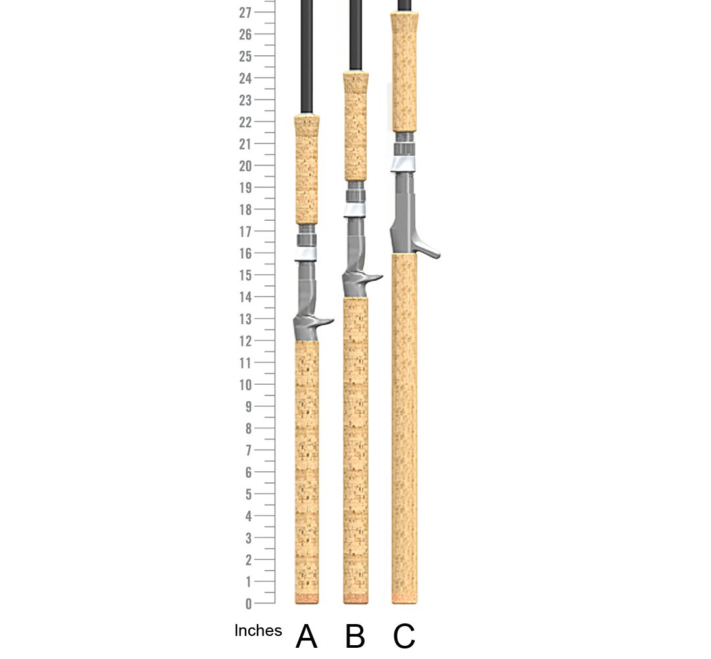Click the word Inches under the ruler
click(x=258, y=631)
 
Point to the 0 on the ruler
click(x=248, y=604)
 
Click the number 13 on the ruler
click(x=246, y=319)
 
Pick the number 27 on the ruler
click(x=246, y=13)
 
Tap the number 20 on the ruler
click(x=246, y=166)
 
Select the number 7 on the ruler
click(x=248, y=450)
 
